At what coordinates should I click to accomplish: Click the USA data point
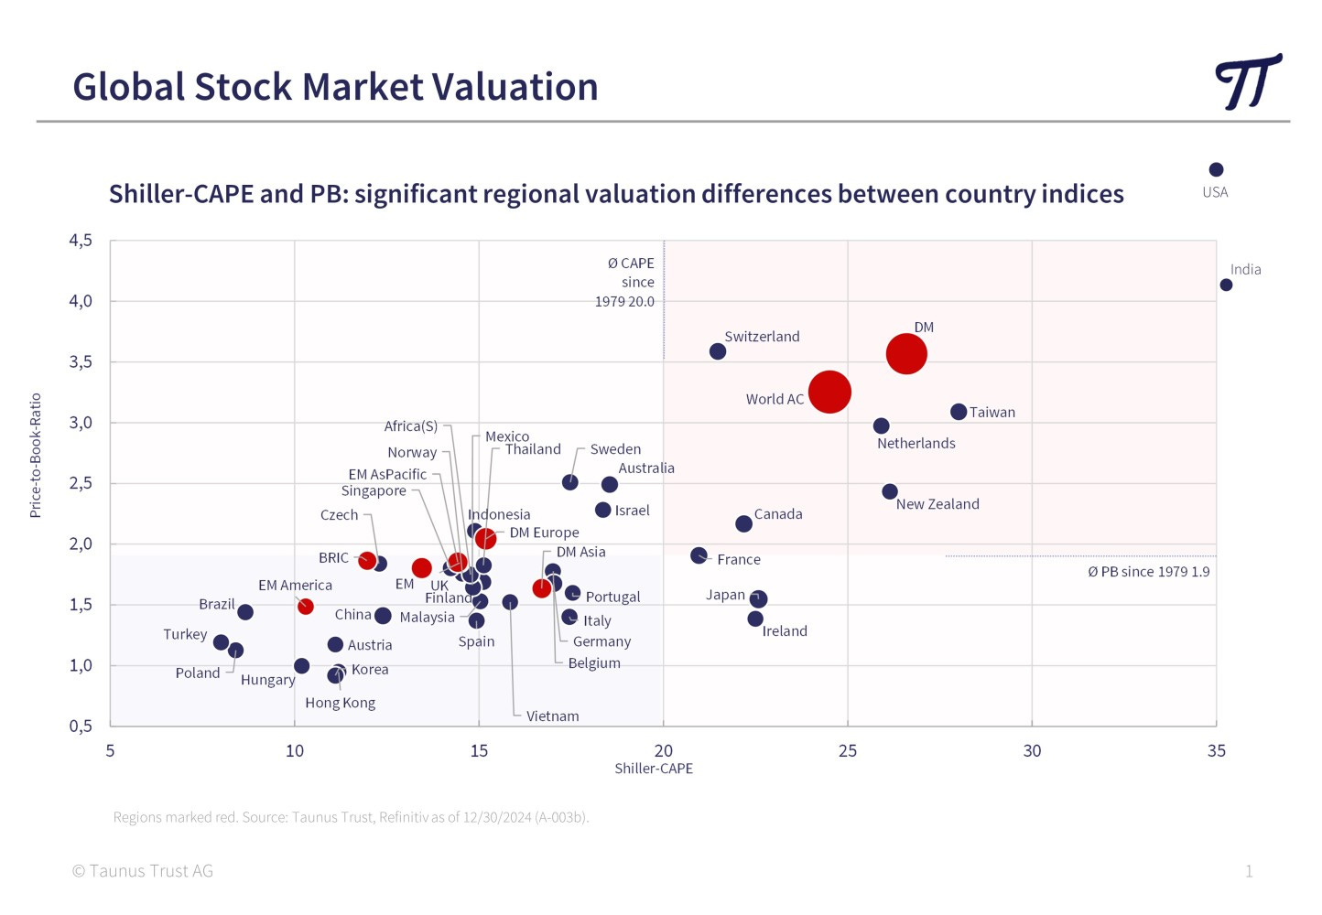pos(1216,169)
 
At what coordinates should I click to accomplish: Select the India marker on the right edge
pos(1226,285)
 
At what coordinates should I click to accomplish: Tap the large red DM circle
pos(906,353)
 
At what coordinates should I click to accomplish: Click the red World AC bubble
pos(829,392)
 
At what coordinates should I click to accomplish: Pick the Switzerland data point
pos(718,351)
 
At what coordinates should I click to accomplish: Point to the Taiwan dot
pos(959,412)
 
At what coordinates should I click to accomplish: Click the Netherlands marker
pos(881,425)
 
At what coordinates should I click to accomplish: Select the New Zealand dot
pos(890,491)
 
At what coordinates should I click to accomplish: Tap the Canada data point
pos(743,523)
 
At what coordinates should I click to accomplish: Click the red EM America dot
pos(306,607)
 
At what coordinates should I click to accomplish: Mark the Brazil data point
pos(245,612)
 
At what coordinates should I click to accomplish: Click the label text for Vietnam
pos(552,716)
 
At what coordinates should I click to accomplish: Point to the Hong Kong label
pos(340,703)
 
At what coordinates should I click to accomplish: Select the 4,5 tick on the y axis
pos(81,241)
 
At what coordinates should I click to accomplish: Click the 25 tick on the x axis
pos(848,751)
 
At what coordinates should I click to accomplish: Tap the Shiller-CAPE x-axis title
pos(654,769)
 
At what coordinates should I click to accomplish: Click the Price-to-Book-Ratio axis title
pos(36,456)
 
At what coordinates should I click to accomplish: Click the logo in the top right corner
pos(1248,82)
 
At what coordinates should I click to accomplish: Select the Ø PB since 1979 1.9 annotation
pos(1148,572)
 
